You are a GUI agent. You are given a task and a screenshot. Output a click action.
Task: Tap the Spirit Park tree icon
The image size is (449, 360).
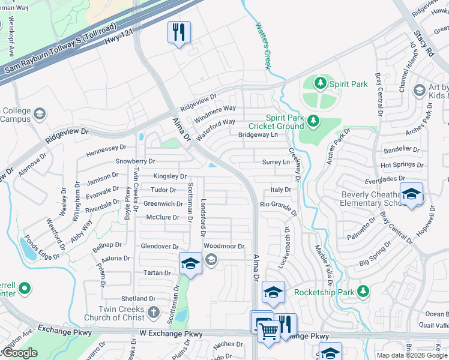tap(321, 83)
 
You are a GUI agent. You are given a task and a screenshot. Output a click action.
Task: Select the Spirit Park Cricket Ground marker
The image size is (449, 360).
tap(312, 122)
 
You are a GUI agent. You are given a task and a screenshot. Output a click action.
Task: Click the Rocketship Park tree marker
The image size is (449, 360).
tap(363, 292)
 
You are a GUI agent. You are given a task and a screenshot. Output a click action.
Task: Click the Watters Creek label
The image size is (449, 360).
tap(263, 45)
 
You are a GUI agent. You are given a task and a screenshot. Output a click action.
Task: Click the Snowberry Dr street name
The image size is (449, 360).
tap(135, 161)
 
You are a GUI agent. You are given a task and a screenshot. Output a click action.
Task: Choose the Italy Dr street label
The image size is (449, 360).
tap(280, 190)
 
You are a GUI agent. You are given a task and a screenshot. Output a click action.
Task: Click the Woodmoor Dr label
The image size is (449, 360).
tap(224, 246)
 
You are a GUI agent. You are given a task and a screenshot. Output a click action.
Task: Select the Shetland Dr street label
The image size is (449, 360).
tap(139, 298)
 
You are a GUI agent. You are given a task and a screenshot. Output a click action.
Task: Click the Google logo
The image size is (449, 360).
tap(20, 353)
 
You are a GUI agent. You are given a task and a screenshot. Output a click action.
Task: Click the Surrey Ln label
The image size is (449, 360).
tap(276, 162)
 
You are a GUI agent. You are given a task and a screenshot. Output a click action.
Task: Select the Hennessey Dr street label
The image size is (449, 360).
tap(106, 147)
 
